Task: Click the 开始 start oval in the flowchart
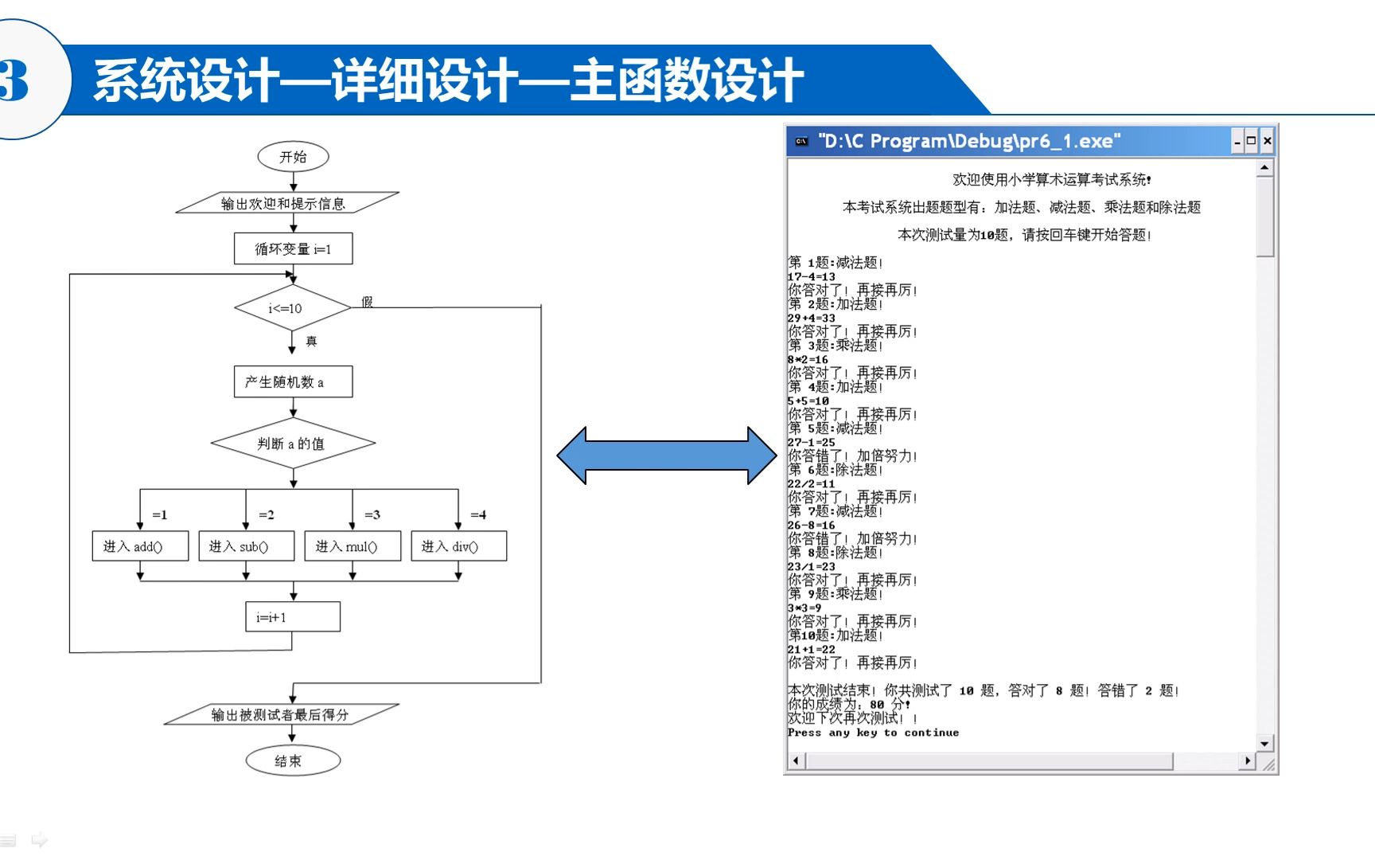pyautogui.click(x=293, y=157)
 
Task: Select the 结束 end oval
pyautogui.click(x=292, y=760)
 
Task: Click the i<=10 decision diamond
pyautogui.click(x=292, y=307)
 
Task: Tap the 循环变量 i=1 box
pyautogui.click(x=293, y=248)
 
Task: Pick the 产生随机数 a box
pyautogui.click(x=293, y=381)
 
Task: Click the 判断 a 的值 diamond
pyautogui.click(x=293, y=444)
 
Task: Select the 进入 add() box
pyautogui.click(x=140, y=546)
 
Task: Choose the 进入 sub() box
pyautogui.click(x=246, y=546)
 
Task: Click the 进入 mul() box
pyautogui.click(x=352, y=546)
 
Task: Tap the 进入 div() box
pyautogui.click(x=458, y=546)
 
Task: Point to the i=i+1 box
pyautogui.click(x=292, y=616)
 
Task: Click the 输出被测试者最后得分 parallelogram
pyautogui.click(x=281, y=714)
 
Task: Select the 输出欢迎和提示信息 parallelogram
pyautogui.click(x=286, y=203)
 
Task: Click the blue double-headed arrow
pyautogui.click(x=666, y=455)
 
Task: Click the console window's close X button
pyautogui.click(x=1268, y=141)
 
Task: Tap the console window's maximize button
pyautogui.click(x=1252, y=141)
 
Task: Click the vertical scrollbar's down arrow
pyautogui.click(x=1264, y=743)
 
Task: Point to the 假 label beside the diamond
pyautogui.click(x=367, y=302)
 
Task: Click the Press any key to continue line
pyautogui.click(x=873, y=733)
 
